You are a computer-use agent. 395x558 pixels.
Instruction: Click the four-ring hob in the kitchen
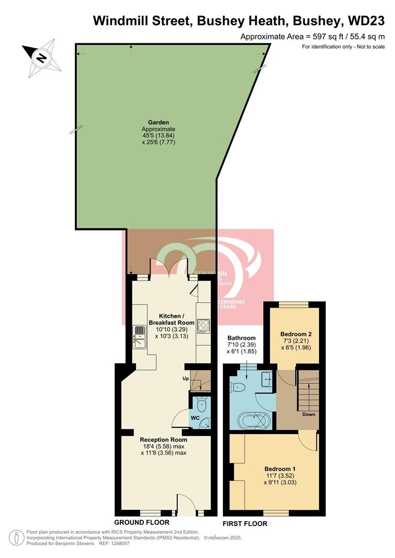click(x=203, y=326)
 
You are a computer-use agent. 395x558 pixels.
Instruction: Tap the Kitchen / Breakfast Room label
click(x=170, y=319)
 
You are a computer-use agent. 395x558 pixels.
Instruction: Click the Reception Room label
click(x=163, y=440)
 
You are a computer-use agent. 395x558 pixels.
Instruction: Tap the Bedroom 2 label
click(x=295, y=334)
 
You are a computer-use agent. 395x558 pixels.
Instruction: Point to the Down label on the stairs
click(x=309, y=414)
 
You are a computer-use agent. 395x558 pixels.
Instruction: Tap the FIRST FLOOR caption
click(x=245, y=523)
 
